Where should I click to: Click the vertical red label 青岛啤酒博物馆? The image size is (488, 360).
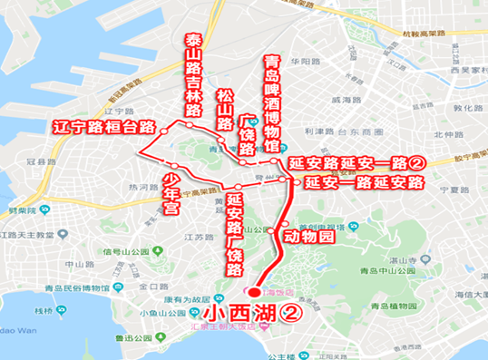tap(272, 93)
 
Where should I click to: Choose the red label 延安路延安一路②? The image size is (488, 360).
tap(356, 164)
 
